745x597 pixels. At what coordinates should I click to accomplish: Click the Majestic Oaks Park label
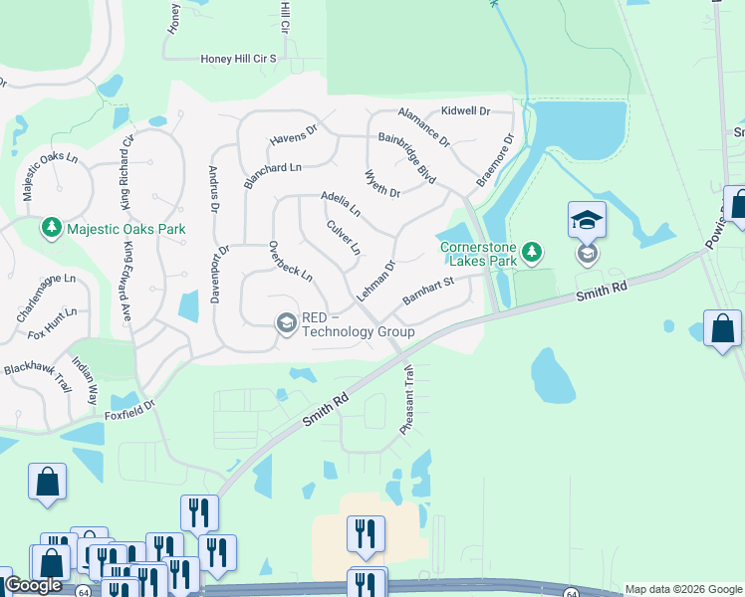click(126, 229)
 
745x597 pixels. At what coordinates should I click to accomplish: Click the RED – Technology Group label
click(358, 323)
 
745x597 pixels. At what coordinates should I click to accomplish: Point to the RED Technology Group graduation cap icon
click(286, 321)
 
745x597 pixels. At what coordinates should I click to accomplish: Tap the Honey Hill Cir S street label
click(238, 59)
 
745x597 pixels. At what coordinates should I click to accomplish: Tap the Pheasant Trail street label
click(407, 398)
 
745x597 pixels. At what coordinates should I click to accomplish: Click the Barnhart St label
click(428, 292)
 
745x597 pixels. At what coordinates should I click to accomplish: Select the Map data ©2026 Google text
click(683, 589)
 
